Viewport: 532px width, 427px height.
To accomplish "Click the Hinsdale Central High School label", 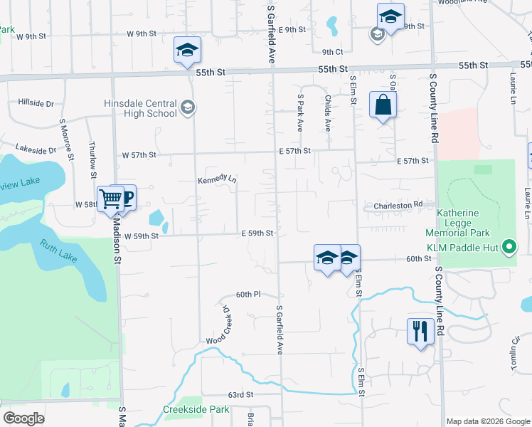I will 140,108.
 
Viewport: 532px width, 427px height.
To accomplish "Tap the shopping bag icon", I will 383,105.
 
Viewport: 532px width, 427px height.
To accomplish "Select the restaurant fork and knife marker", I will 420,331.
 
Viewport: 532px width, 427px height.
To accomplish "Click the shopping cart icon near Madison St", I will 111,198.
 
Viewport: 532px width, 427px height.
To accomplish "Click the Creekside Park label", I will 196,409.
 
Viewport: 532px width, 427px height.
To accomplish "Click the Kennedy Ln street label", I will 217,178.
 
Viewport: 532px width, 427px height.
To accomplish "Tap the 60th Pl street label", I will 249,294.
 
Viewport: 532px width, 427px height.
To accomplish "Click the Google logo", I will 24,418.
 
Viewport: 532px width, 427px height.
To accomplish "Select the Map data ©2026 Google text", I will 487,421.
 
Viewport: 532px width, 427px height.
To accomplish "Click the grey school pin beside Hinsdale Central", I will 187,107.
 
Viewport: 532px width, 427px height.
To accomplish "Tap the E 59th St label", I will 257,233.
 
